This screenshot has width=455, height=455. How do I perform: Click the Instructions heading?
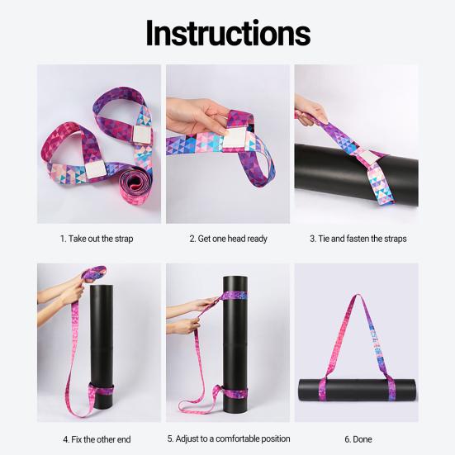(x=227, y=32)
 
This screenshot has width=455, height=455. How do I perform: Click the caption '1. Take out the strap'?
(x=96, y=239)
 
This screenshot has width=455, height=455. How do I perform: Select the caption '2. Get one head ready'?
(x=227, y=239)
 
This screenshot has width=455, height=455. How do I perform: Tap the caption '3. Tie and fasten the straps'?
(x=358, y=239)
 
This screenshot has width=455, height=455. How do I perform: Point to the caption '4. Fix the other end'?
(x=96, y=438)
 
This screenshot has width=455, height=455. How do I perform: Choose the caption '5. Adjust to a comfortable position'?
(x=227, y=438)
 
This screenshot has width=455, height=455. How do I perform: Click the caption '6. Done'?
(x=358, y=438)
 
